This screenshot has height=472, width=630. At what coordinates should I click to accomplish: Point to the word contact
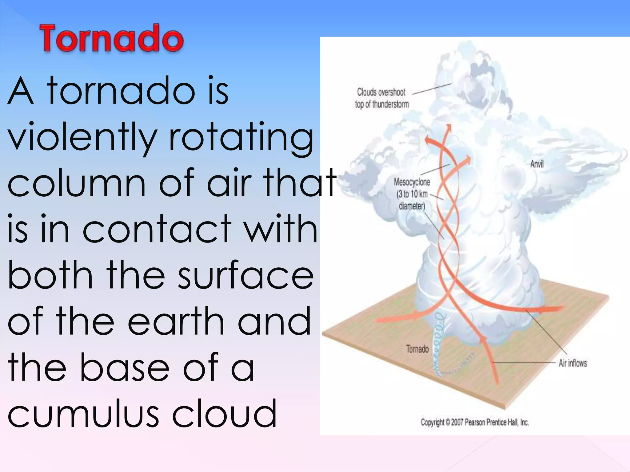[x=157, y=229]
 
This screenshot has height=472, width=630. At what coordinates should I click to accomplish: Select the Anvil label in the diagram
[x=537, y=164]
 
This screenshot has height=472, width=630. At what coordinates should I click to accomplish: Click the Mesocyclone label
[x=412, y=182]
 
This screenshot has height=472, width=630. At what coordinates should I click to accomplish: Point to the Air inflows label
[x=572, y=363]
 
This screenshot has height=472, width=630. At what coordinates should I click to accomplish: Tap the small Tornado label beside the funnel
[x=417, y=349]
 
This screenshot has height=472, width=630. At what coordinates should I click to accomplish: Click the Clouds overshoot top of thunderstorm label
[x=382, y=98]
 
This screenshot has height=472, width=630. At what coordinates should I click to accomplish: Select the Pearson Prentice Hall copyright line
[x=475, y=423]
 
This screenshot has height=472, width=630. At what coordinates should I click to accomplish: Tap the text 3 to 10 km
[x=413, y=194]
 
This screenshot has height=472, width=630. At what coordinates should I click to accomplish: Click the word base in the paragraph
[x=125, y=367]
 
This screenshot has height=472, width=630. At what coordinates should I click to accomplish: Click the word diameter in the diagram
[x=412, y=206]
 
